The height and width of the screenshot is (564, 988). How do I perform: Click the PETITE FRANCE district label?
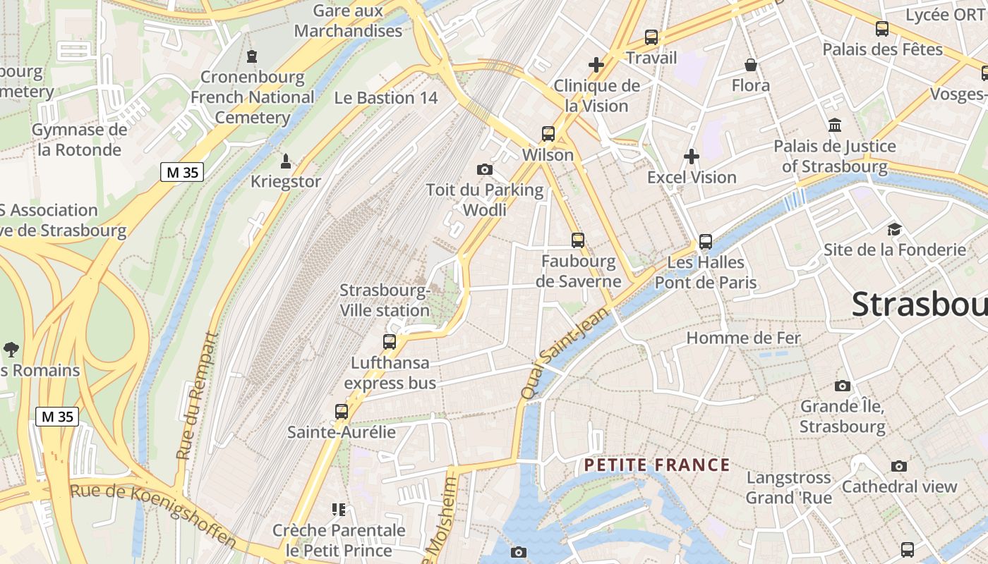tap(657, 465)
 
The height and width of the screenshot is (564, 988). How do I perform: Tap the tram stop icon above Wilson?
tap(548, 133)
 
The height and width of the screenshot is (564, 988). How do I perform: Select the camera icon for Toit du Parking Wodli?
tap(485, 169)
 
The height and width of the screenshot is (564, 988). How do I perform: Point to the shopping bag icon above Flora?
tap(751, 65)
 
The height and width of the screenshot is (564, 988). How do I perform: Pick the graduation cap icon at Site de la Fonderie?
tap(894, 229)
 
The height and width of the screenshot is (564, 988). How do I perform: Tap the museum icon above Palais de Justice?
tap(835, 125)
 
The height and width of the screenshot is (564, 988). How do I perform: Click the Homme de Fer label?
tap(743, 338)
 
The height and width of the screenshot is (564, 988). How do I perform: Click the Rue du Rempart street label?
tap(195, 396)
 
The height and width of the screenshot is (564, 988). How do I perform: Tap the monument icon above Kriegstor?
tap(286, 161)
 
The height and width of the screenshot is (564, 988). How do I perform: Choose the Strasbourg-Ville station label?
tap(385, 300)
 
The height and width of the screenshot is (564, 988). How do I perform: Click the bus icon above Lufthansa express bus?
tap(390, 342)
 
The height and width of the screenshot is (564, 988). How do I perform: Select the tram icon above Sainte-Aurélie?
tap(342, 411)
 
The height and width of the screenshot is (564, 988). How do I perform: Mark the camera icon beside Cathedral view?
tap(898, 466)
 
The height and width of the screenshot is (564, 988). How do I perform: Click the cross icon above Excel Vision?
tap(692, 157)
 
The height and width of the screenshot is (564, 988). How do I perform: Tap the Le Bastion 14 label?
tap(386, 98)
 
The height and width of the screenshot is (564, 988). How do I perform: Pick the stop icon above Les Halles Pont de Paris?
tap(705, 242)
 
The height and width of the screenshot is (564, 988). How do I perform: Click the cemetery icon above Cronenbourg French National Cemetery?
tap(252, 56)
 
